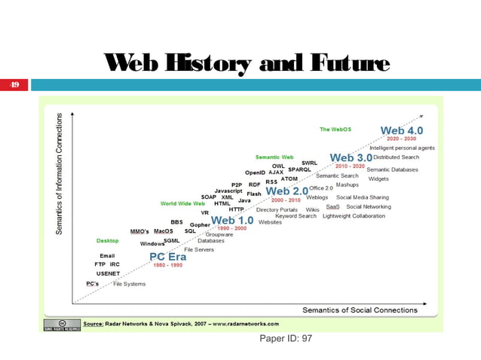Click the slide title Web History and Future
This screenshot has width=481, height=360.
tap(250, 66)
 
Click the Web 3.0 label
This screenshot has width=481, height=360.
tap(351, 157)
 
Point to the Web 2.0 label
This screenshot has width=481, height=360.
tap(286, 191)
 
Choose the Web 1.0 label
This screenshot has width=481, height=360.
tap(231, 220)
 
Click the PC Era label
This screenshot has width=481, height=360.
tap(167, 256)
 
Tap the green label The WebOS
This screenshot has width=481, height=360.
tap(335, 130)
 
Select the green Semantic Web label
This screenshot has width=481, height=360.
tap(274, 157)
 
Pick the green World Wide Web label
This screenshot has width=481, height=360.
tap(182, 203)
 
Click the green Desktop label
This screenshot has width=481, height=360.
tap(107, 241)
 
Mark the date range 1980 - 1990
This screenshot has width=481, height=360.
tap(167, 265)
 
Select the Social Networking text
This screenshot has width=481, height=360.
tap(368, 206)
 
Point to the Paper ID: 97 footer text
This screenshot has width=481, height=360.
tap(286, 340)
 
